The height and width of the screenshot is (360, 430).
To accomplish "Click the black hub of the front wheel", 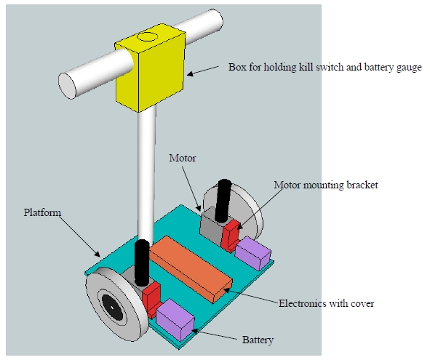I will coord(113,305).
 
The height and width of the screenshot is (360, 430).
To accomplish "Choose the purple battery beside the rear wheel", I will coord(253,252).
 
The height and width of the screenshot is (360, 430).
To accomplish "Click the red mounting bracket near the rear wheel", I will coord(231,233).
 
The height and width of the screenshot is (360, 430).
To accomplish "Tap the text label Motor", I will coord(182,157).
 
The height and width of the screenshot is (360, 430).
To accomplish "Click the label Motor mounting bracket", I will coord(325,185).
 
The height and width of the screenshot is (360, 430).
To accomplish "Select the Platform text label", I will coord(42,212).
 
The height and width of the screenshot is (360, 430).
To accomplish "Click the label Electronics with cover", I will coord(327,303).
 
